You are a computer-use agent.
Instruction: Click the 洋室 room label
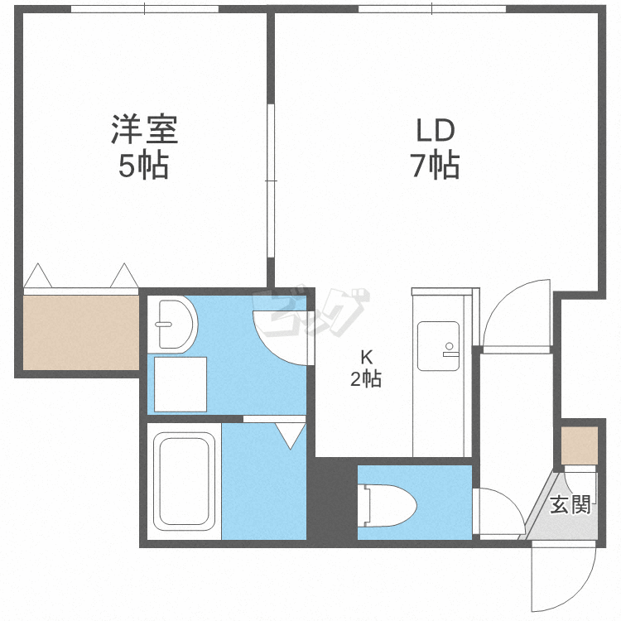144,129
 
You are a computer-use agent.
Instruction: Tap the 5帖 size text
144,165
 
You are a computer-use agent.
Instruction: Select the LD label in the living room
435,131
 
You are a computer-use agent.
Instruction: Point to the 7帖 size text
435,165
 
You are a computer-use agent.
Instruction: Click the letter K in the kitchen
367,357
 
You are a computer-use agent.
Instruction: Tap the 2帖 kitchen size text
366,378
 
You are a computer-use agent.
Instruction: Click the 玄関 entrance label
570,504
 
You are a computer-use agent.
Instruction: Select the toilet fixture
388,506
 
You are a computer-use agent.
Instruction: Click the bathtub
184,481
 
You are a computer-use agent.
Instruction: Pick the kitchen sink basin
438,346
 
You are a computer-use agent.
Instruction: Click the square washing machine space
181,384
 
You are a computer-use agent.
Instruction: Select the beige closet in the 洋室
81,333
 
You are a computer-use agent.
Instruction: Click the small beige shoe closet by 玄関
580,445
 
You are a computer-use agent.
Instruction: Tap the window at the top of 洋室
145,9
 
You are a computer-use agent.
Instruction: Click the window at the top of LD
432,9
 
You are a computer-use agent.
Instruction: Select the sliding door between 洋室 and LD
271,181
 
